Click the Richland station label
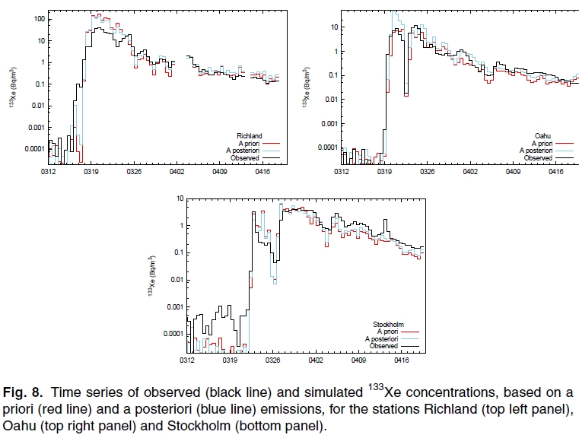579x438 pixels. coord(249,136)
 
